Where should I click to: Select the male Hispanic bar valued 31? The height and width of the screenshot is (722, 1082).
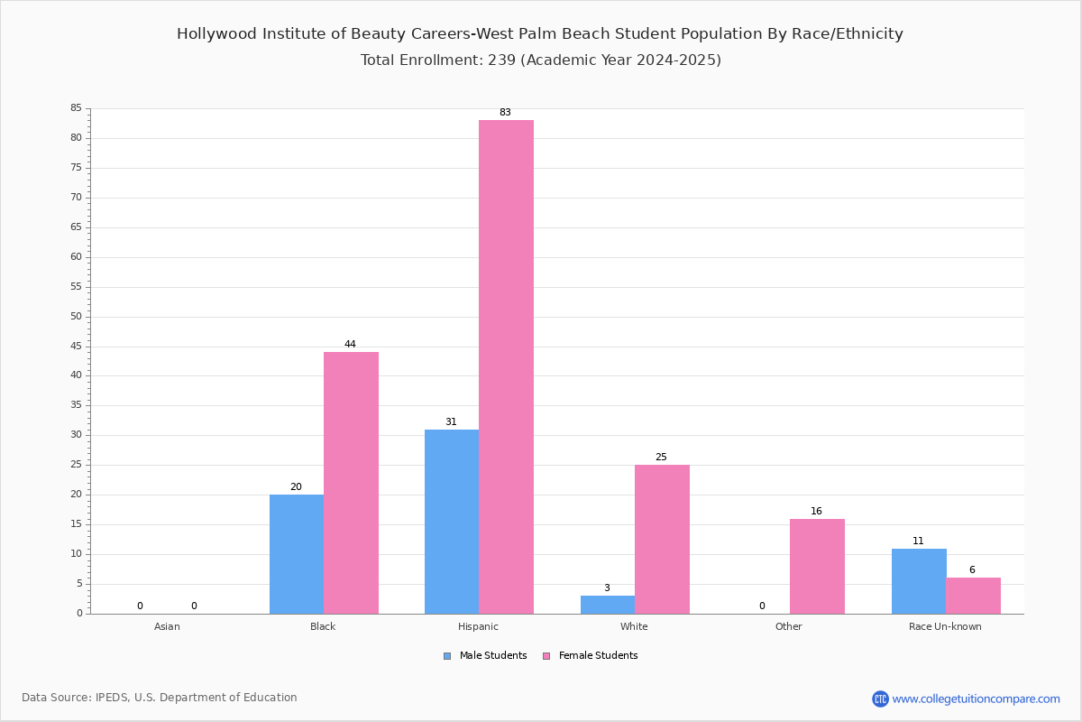[x=452, y=522]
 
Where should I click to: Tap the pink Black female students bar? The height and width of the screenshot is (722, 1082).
[x=351, y=483]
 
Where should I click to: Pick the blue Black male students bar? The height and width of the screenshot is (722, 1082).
[x=297, y=554]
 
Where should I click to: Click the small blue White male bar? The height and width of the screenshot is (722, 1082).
[x=608, y=605]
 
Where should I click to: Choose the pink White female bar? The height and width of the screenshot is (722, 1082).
[x=662, y=539]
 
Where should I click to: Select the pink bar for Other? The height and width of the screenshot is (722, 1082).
[x=817, y=566]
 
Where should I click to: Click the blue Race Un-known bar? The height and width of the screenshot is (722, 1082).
[x=919, y=581]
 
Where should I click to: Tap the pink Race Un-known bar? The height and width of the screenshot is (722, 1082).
[x=973, y=596]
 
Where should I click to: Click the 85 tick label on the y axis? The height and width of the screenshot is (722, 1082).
[x=76, y=108]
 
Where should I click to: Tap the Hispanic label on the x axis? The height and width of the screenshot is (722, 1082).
[x=478, y=626]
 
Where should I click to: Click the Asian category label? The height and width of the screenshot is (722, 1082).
[x=167, y=626]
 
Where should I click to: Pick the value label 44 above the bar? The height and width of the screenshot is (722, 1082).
[x=350, y=345]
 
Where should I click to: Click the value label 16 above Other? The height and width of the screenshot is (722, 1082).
[x=816, y=512]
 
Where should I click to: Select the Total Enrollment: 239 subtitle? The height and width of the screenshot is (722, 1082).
[x=541, y=60]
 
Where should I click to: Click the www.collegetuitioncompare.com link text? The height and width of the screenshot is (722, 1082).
[x=976, y=699]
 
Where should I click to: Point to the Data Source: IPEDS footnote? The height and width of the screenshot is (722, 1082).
[x=160, y=698]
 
